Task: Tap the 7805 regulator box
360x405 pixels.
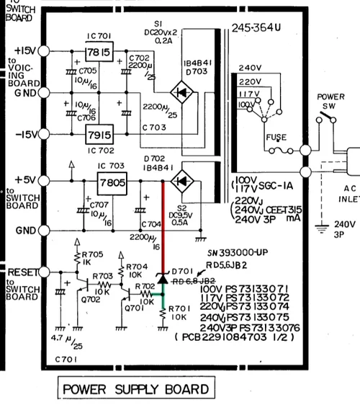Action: (x=114, y=183)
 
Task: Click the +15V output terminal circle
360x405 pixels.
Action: (x=44, y=51)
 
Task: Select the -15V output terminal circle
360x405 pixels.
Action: (x=44, y=134)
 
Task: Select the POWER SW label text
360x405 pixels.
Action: (x=330, y=102)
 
